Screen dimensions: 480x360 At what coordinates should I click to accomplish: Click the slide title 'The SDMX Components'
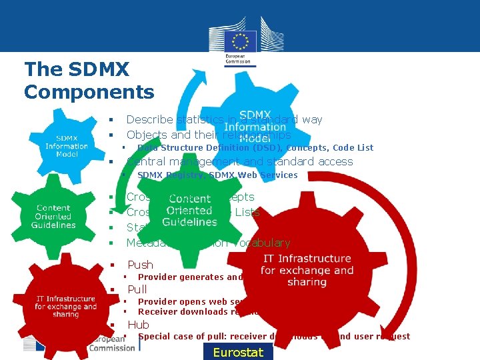tap(89, 80)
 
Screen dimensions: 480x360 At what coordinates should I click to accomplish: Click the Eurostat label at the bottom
tap(238, 352)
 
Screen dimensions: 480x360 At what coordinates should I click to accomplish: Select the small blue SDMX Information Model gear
tap(67, 146)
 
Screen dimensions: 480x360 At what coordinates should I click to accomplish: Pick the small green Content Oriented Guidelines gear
tap(53, 217)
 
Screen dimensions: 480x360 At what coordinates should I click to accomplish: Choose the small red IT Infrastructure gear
tap(65, 306)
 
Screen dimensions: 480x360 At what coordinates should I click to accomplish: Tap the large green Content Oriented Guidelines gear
tap(189, 211)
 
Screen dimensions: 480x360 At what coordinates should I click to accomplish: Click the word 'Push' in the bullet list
tap(140, 265)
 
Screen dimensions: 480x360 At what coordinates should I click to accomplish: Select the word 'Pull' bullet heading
tap(137, 289)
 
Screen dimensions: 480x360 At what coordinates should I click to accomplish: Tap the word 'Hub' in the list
tap(138, 325)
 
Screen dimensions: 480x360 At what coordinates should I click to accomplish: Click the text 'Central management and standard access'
tap(239, 161)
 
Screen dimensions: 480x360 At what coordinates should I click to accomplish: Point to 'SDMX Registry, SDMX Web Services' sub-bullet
tap(217, 175)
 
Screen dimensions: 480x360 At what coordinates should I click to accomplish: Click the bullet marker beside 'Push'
tap(113, 265)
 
